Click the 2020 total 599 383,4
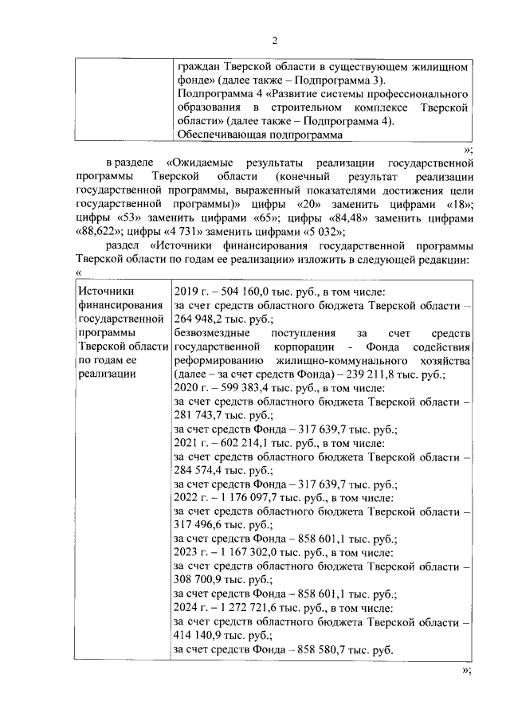coord(238,388)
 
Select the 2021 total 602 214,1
coord(238,443)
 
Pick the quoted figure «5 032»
coord(321,233)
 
